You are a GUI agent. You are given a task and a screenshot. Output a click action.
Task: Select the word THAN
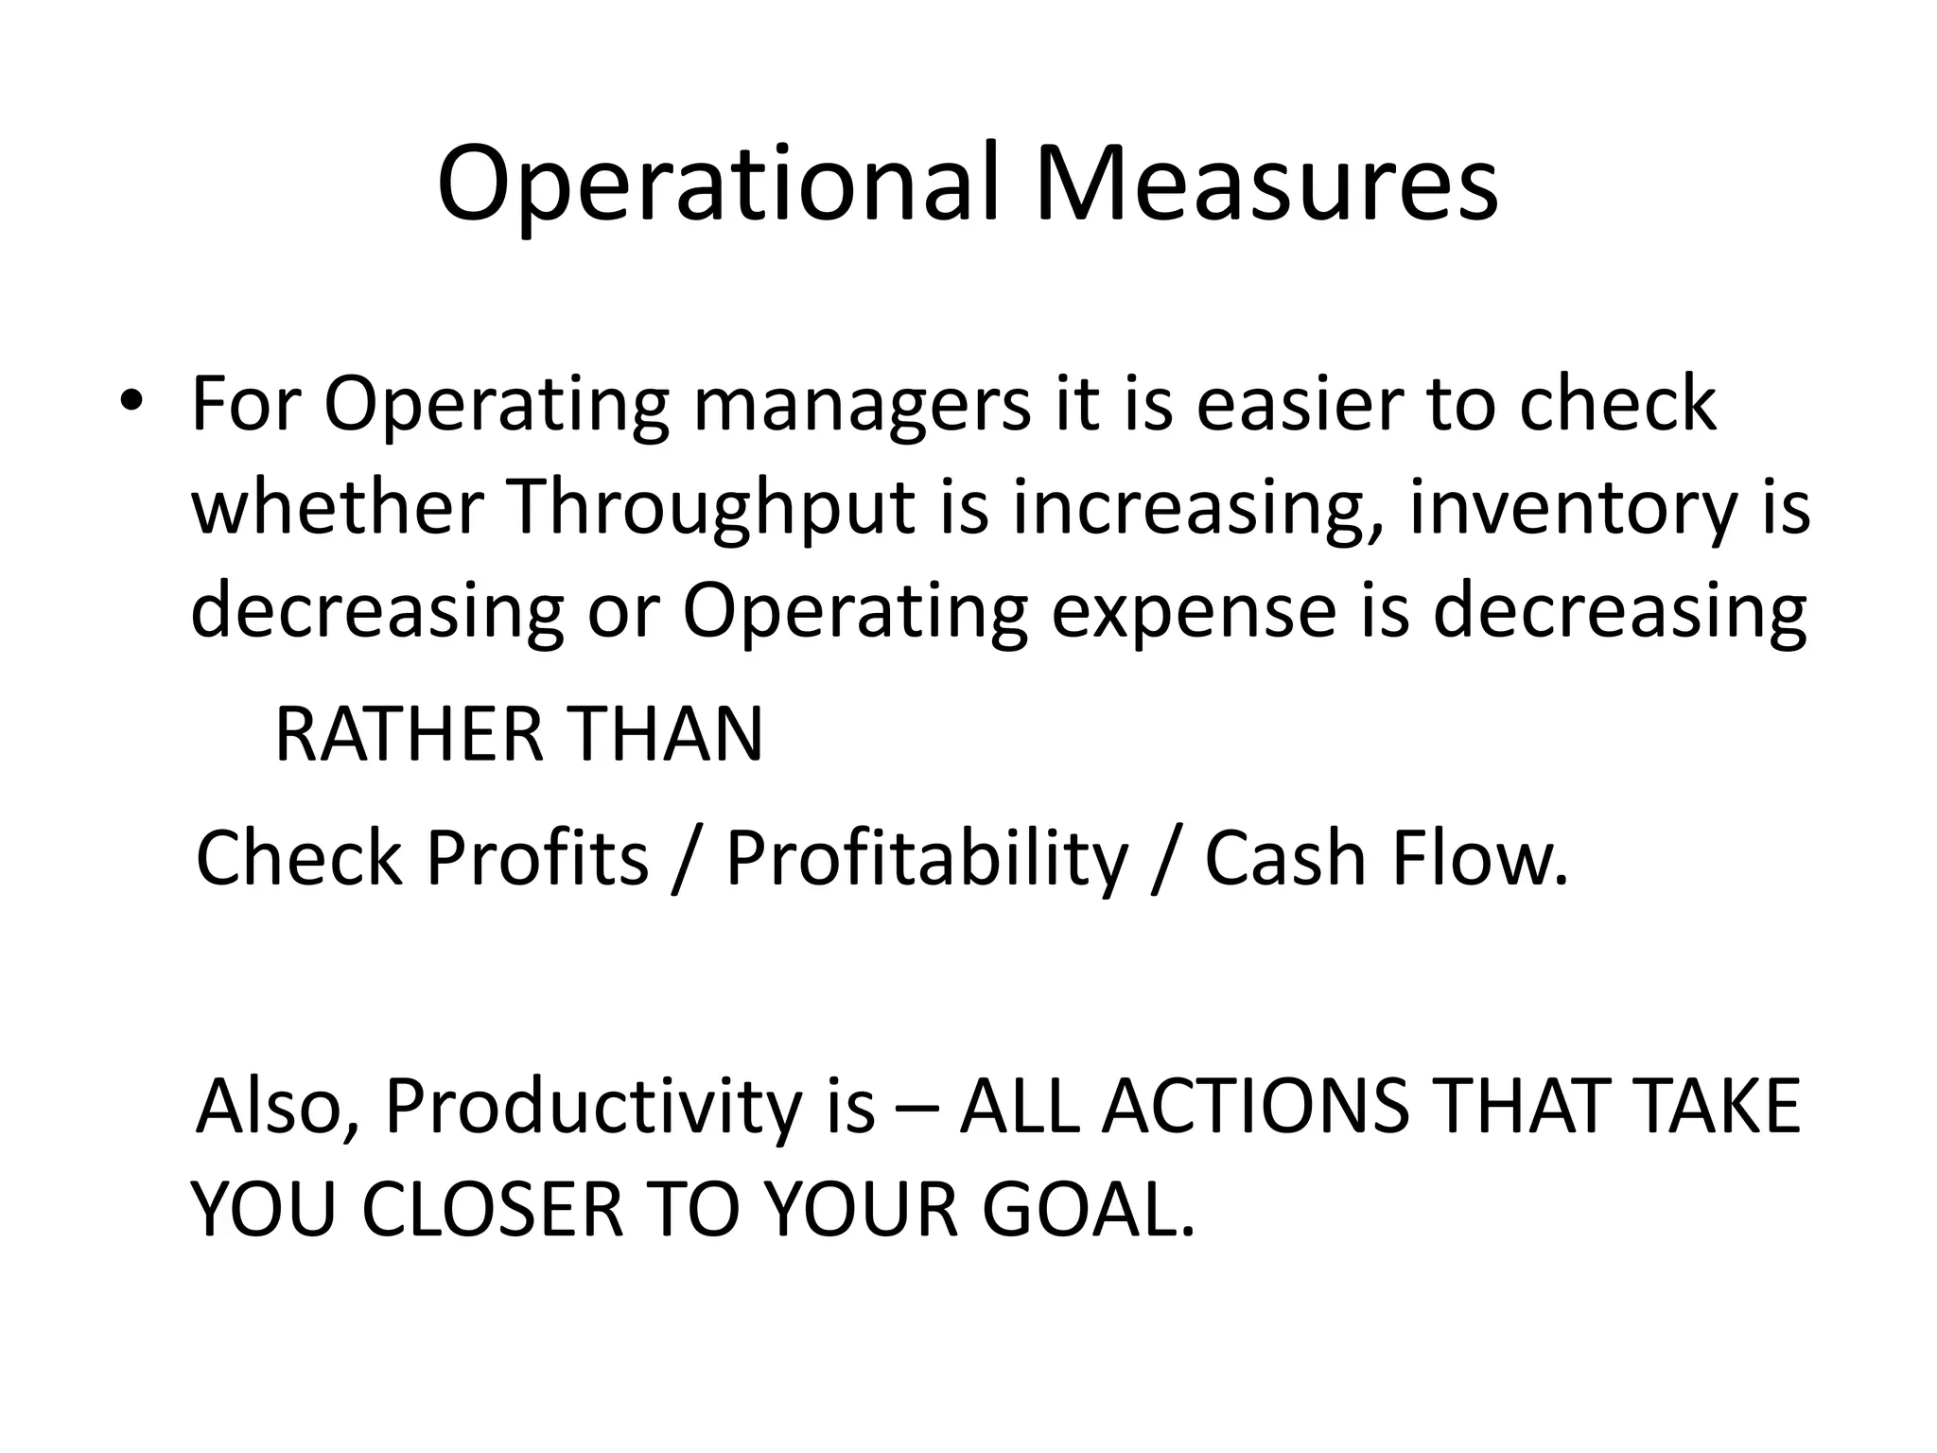(x=667, y=735)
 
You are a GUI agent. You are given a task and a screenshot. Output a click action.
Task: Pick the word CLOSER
(x=492, y=1210)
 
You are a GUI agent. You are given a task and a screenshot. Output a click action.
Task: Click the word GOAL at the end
(x=1088, y=1210)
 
